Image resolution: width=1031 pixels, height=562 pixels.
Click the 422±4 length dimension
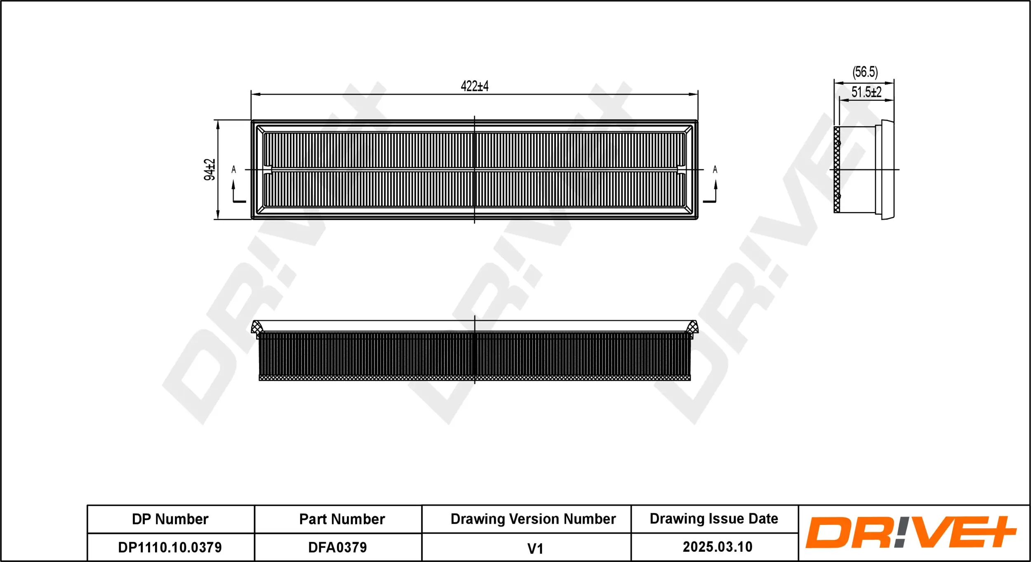pos(474,86)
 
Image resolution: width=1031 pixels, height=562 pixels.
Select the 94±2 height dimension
pos(209,170)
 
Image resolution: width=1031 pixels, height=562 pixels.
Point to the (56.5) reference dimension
pos(865,72)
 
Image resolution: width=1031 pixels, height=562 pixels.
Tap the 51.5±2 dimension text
pos(866,92)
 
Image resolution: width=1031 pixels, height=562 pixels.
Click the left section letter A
pos(234,170)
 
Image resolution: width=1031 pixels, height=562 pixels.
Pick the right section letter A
pos(715,170)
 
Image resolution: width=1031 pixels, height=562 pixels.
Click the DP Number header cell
pos(170,519)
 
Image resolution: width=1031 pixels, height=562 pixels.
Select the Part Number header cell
pos(342,519)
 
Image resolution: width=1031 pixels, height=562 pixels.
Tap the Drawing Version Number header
pos(533,519)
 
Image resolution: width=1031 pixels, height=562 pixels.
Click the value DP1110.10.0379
pos(170,547)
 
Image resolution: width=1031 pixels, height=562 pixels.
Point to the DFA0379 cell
pos(337,547)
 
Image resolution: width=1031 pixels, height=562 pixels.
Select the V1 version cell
pos(535,548)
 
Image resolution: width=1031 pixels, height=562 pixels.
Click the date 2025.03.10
pos(718,547)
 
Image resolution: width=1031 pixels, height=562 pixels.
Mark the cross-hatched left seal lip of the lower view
pos(257,328)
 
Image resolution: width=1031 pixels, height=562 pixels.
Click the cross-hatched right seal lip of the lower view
pos(692,328)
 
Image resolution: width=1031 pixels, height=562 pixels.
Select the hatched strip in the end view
pos(837,170)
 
